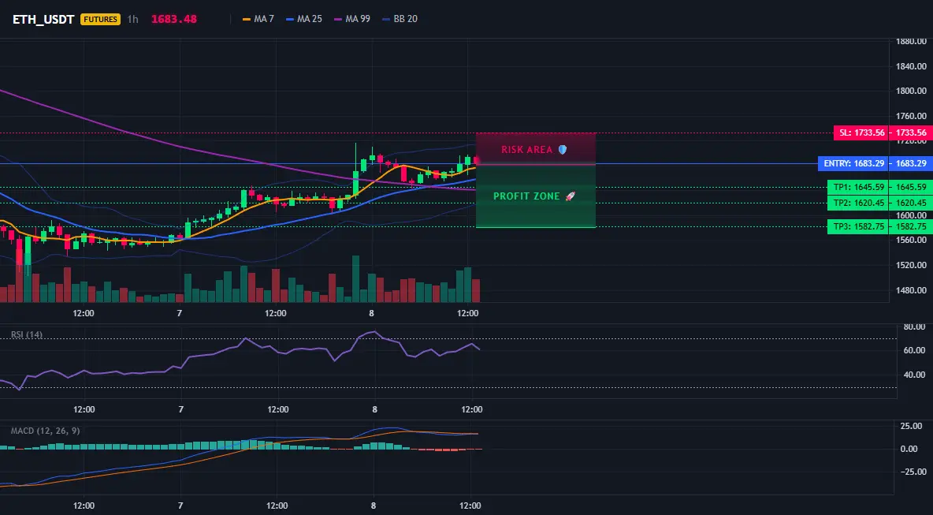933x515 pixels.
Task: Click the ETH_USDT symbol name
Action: click(43, 19)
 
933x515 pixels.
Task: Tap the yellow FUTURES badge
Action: click(100, 19)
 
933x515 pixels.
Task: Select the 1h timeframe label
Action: click(132, 19)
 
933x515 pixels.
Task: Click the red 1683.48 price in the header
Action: click(173, 19)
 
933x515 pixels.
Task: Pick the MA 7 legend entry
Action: click(258, 19)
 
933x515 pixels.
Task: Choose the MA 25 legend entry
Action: click(304, 19)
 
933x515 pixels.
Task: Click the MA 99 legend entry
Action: click(352, 19)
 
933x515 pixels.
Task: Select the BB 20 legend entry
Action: click(400, 19)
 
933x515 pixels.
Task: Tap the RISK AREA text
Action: click(527, 149)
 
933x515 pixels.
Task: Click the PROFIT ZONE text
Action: click(526, 196)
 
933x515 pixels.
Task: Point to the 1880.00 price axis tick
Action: click(911, 41)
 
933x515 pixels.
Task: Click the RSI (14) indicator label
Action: click(27, 334)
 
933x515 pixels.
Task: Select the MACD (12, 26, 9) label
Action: click(45, 431)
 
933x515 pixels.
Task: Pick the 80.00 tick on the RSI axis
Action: click(913, 327)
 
